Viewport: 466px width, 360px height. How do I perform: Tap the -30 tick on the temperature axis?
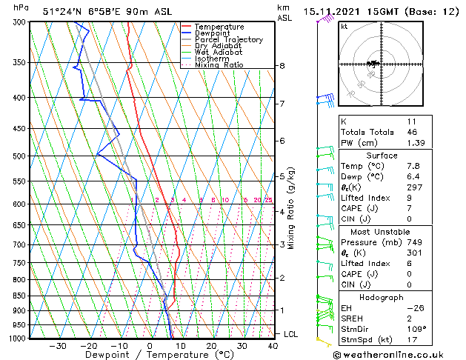coord(58,346)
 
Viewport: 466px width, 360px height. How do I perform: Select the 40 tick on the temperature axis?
coord(273,346)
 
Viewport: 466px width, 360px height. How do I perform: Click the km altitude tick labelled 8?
coord(282,66)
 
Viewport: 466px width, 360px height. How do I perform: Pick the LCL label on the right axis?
coord(291,334)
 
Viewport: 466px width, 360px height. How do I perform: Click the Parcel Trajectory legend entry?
coord(228,40)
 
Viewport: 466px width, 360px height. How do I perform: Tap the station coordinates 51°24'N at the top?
coord(61,12)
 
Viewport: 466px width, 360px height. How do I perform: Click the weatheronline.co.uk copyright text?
coord(398,354)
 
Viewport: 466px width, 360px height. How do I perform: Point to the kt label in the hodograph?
coord(344,26)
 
